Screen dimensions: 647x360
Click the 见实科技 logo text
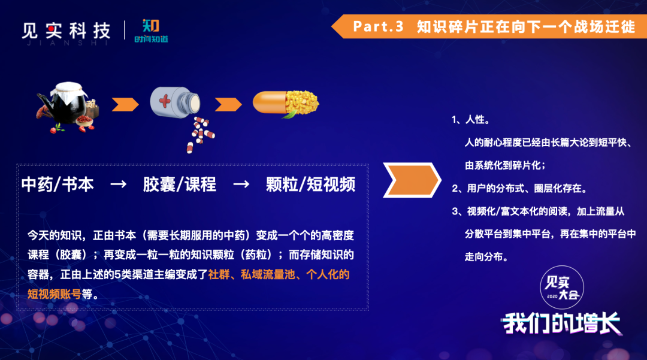[66, 31]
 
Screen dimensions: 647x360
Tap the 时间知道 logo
[151, 31]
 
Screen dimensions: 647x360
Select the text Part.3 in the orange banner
[378, 26]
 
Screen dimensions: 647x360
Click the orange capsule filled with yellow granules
[286, 104]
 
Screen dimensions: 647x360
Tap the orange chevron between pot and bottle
[125, 104]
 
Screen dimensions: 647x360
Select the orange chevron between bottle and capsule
[228, 104]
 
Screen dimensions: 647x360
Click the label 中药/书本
[58, 184]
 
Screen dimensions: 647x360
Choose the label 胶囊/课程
[180, 184]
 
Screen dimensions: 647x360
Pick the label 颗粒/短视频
[311, 184]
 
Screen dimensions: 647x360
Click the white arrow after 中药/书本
[119, 184]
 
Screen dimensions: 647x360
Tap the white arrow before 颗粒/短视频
[241, 184]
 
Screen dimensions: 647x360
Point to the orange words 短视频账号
[55, 294]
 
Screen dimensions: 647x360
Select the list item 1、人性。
[471, 120]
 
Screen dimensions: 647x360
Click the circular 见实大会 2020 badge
[561, 288]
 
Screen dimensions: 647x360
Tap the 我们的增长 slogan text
[561, 323]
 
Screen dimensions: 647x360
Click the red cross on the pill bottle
[165, 101]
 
